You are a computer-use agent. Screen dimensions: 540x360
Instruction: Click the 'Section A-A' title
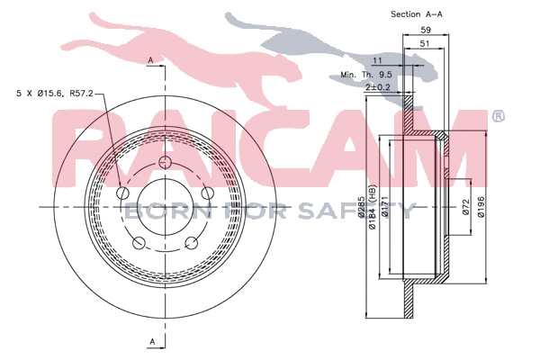point(417,14)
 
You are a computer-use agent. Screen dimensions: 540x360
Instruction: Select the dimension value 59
point(426,30)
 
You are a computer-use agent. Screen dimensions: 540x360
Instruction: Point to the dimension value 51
point(425,43)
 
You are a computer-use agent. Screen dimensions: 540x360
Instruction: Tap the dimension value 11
point(377,60)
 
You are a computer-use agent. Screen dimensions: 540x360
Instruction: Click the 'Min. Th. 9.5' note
point(366,75)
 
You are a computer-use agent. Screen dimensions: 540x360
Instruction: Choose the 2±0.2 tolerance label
point(378,87)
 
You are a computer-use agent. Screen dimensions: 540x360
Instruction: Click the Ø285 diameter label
point(361,207)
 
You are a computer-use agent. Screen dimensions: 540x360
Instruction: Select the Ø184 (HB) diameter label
point(373,207)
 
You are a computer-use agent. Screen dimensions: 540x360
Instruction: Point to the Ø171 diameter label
point(384,207)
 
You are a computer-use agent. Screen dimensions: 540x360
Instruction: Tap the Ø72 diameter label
point(466,207)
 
